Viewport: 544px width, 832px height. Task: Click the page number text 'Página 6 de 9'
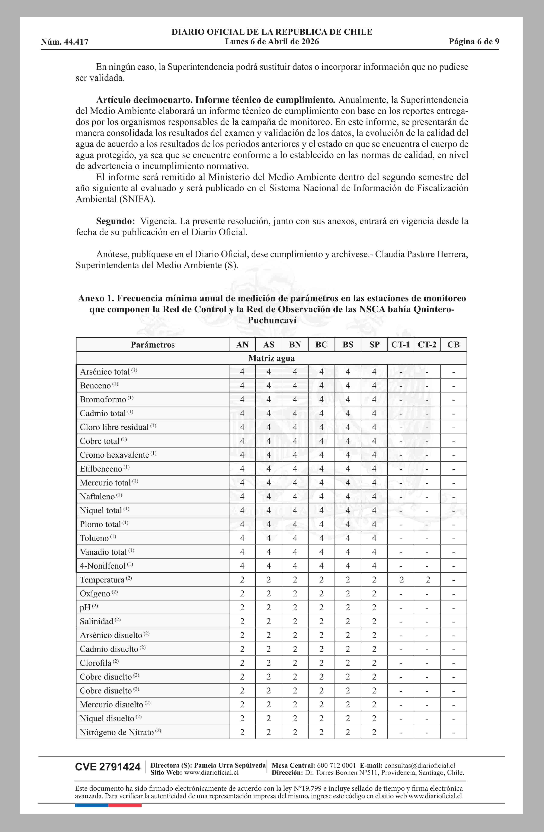(x=474, y=42)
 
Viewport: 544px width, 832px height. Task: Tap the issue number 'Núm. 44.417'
(x=65, y=42)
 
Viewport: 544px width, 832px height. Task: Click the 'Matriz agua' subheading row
(x=271, y=358)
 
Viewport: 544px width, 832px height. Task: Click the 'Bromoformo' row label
(x=103, y=399)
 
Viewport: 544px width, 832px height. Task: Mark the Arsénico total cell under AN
(x=242, y=372)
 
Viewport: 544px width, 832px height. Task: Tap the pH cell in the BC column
(x=321, y=607)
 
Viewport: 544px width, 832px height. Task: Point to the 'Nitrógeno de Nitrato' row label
(x=117, y=732)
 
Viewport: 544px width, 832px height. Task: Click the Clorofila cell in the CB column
(x=454, y=663)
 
